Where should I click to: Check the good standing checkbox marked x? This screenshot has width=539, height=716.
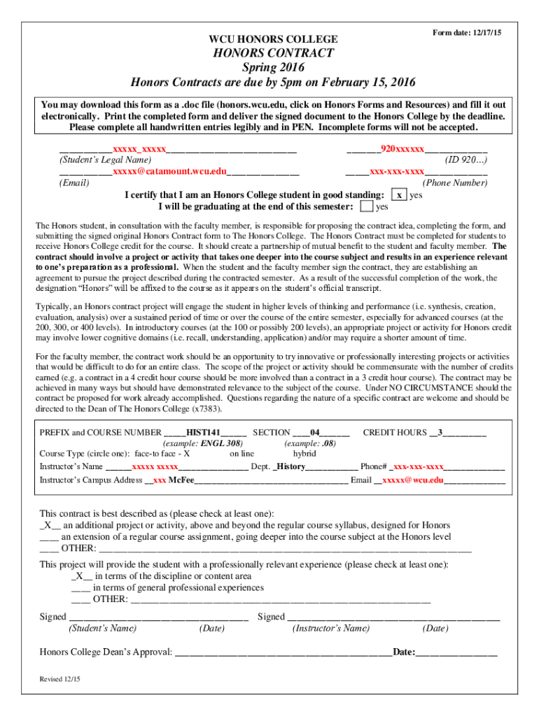pos(399,195)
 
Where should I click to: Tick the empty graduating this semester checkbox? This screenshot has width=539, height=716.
pos(366,207)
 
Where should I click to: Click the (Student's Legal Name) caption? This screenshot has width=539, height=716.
pos(105,160)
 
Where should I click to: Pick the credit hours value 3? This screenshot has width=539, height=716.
pos(440,432)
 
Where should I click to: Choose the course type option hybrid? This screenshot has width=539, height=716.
pos(305,453)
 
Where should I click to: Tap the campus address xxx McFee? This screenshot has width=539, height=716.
pos(174,480)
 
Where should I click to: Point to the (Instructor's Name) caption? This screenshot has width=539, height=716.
pos(331,629)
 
